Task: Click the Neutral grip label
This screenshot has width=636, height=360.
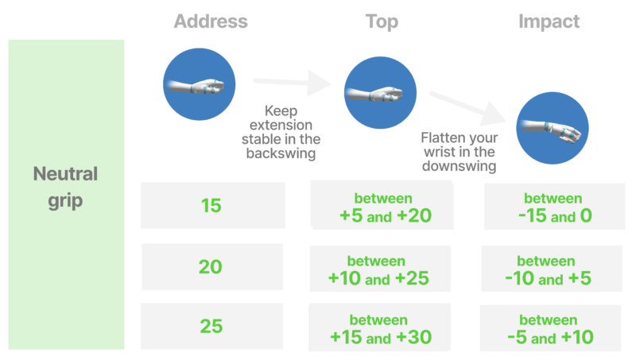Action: (x=65, y=187)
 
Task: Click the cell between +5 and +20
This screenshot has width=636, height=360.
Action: (x=381, y=206)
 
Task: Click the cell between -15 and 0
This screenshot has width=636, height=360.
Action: (x=553, y=207)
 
